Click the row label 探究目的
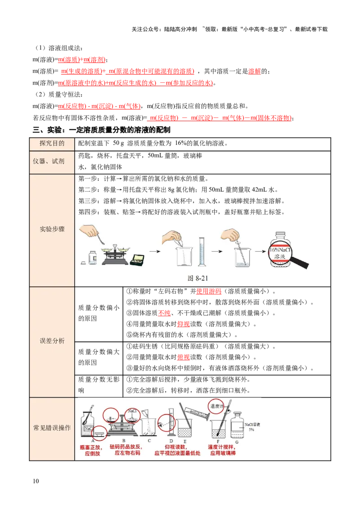tap(52, 143)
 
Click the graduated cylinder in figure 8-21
tap(202, 252)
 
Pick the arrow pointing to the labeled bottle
tap(259, 251)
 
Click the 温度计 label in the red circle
tap(218, 406)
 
